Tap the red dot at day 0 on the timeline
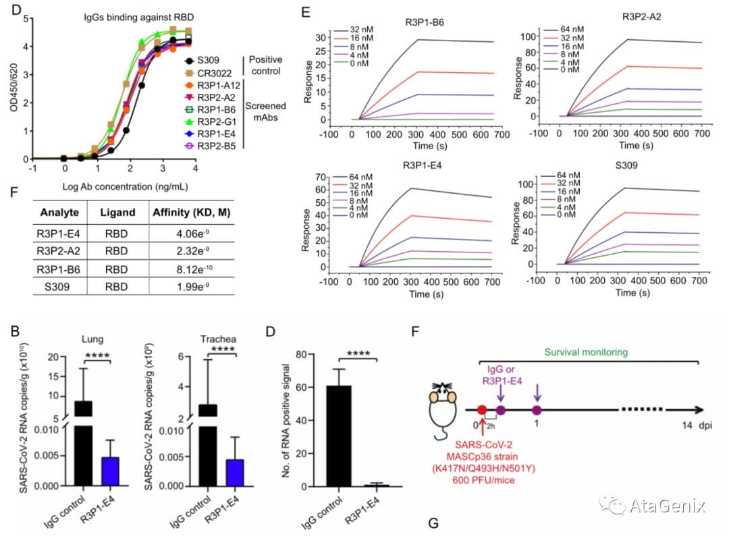482,409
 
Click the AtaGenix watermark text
667,504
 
